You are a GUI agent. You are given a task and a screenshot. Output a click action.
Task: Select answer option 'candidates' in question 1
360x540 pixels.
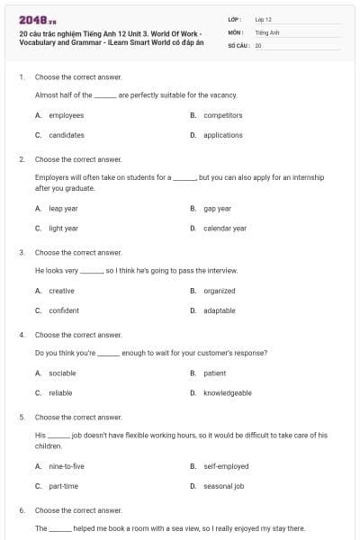66,135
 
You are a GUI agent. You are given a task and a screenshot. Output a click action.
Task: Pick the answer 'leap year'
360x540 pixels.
63,208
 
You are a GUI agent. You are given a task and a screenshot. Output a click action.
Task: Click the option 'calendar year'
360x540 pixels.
224,229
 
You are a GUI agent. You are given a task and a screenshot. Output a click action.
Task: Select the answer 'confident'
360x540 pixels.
64,310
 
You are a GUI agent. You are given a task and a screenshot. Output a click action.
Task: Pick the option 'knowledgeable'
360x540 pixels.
227,392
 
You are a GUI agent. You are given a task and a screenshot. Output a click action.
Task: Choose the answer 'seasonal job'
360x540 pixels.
222,486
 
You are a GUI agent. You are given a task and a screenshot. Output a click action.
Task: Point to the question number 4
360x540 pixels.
22,335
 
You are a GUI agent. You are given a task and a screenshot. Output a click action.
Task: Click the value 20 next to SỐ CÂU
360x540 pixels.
258,45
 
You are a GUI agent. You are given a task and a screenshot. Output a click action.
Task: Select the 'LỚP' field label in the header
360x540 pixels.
235,18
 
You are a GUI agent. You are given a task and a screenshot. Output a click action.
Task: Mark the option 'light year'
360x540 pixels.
63,229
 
